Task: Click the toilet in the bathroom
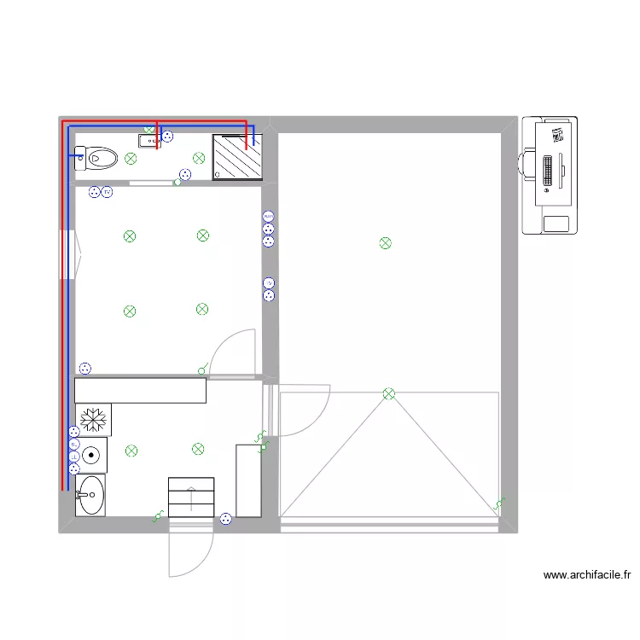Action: [97, 157]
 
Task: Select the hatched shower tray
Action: [236, 157]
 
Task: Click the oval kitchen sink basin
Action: [90, 494]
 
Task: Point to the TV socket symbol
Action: [269, 283]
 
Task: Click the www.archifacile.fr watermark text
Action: [587, 575]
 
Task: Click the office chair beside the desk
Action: [527, 163]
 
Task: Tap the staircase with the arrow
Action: [191, 497]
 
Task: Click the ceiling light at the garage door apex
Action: [389, 393]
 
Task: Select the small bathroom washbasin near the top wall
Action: [148, 141]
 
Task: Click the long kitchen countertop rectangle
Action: [141, 390]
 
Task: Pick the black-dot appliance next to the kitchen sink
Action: [91, 455]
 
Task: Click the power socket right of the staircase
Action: [225, 518]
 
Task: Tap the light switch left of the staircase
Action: [157, 516]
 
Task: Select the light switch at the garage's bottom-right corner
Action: [499, 503]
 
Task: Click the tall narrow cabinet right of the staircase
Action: [248, 480]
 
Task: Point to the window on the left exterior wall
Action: [67, 253]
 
